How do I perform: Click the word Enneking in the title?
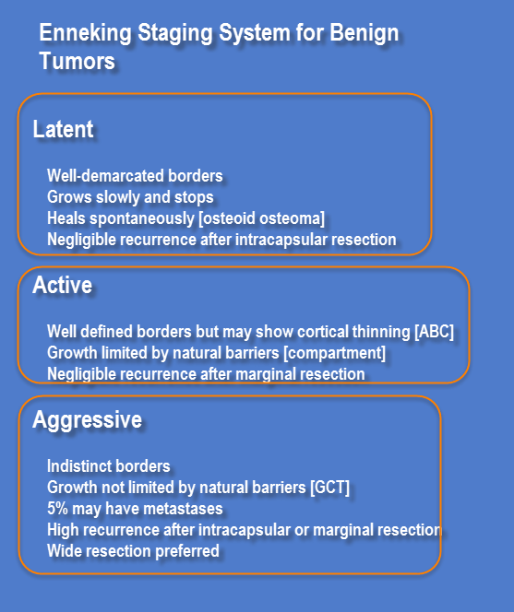85,33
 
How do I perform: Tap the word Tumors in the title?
77,61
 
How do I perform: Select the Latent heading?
63,129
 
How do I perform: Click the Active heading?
63,285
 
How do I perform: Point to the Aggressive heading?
88,420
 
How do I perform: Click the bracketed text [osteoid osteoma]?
261,218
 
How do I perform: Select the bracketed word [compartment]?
335,353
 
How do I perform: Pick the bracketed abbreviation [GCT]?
329,488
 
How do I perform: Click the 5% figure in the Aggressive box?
57,509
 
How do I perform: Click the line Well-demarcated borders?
135,176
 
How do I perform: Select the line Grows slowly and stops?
130,197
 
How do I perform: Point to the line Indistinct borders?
109,466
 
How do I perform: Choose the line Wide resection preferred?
133,551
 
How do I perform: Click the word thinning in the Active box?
381,332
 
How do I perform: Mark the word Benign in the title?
365,33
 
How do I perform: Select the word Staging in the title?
175,33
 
